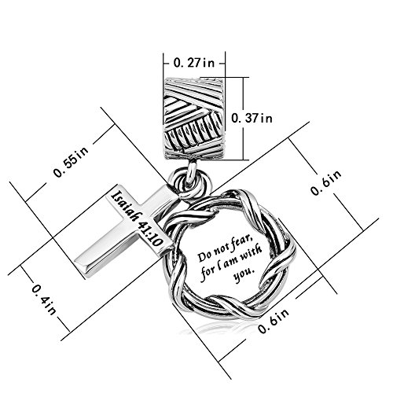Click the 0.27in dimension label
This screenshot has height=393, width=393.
click(194, 63)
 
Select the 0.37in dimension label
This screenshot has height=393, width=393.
click(252, 119)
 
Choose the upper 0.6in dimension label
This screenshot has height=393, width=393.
click(326, 182)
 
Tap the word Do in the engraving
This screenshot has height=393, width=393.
click(204, 256)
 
